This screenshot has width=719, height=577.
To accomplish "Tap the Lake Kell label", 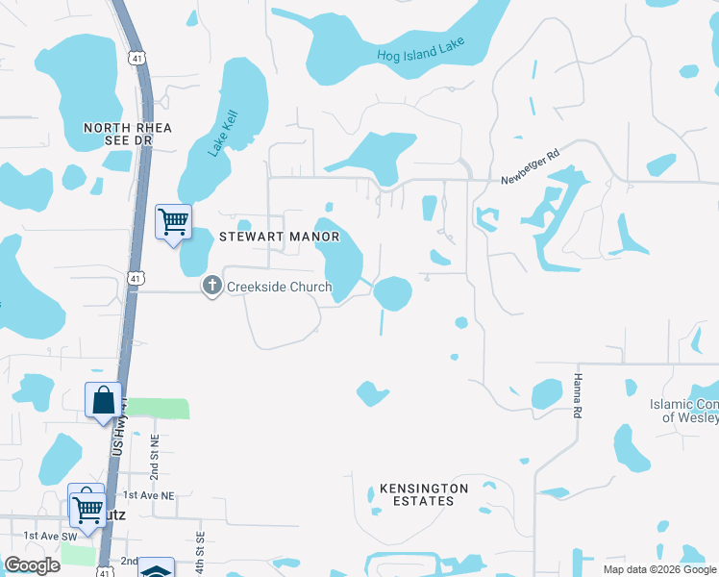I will (x=223, y=134).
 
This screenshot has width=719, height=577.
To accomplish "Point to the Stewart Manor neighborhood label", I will (x=280, y=236).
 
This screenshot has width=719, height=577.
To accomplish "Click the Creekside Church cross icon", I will (x=211, y=286).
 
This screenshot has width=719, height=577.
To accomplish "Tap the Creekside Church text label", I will (x=279, y=287).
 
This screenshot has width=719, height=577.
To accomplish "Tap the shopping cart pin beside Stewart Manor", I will (x=173, y=222).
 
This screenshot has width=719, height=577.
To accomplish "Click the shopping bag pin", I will (x=103, y=399).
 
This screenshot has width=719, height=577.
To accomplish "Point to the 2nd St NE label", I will (x=153, y=461).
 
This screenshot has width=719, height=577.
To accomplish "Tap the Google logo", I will (x=32, y=565).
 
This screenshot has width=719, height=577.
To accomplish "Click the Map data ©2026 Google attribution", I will (x=659, y=569).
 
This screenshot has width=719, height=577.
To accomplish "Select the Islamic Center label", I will (x=683, y=411).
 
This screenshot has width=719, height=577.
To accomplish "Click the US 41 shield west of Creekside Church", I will (x=135, y=279).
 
